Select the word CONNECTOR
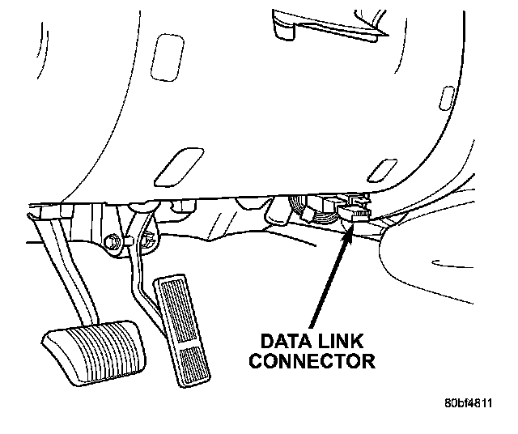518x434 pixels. pyautogui.click(x=312, y=360)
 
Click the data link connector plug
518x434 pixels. pyautogui.click(x=354, y=213)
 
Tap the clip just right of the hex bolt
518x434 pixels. pyautogui.click(x=147, y=238)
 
